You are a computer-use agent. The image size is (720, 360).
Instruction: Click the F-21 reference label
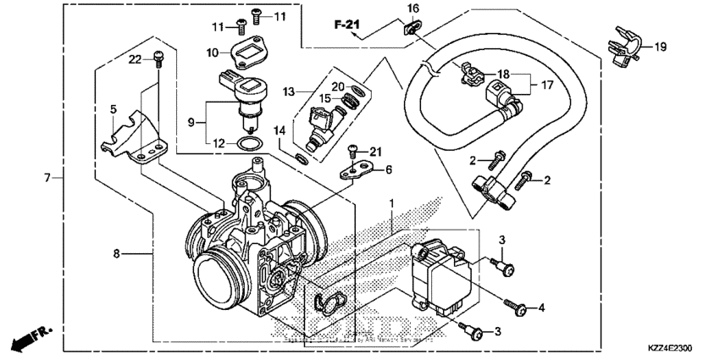[347, 25]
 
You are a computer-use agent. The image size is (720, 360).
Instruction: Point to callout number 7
[47, 178]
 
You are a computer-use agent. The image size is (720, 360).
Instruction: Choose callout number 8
[116, 252]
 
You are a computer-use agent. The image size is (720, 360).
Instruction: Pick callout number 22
[135, 58]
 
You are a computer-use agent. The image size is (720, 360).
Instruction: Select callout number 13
[289, 91]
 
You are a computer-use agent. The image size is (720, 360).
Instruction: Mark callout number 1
[392, 204]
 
